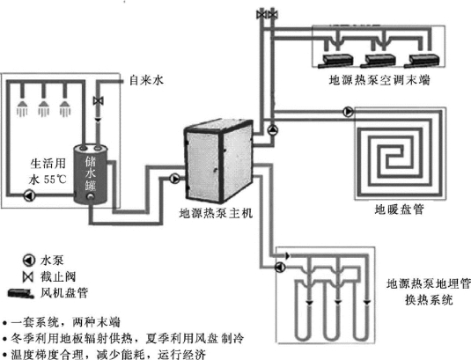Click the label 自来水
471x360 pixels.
point(147,80)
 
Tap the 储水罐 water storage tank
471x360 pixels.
point(91,173)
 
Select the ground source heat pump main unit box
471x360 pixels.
point(218,160)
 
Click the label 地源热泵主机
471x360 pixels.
point(216,214)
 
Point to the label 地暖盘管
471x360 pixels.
point(399,209)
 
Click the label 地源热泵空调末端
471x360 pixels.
point(379,80)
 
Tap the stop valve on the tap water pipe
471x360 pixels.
point(99,101)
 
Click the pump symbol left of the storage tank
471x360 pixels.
point(29,195)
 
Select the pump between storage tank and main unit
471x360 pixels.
point(174,179)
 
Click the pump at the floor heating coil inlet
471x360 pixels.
point(348,112)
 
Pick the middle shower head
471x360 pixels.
point(44,108)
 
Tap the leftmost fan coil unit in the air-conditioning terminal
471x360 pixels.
point(335,61)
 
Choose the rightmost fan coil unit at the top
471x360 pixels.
point(422,61)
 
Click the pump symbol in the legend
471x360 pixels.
point(29,261)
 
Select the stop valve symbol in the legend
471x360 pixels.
point(28,277)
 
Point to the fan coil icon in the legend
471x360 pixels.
point(20,293)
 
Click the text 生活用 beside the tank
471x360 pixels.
point(48,164)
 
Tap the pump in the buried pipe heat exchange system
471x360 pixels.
point(280,267)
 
